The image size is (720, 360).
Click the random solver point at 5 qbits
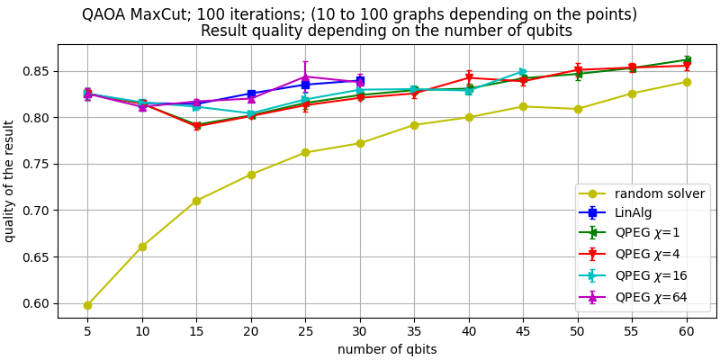pos(87,305)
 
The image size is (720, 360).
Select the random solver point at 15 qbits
pos(196,201)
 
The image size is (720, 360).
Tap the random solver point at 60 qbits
pos(687,82)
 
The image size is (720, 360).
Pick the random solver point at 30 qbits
pos(360,143)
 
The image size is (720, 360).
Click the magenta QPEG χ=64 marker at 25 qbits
pos(305,76)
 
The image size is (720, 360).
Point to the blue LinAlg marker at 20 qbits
pos(251,94)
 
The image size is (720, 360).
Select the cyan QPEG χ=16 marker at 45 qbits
pos(523,72)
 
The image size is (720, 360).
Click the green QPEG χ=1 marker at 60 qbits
pos(687,59)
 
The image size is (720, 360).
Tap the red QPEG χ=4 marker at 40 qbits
pos(469,77)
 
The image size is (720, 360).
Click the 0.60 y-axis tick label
pos(36,303)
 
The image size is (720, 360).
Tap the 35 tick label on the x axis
pos(414,331)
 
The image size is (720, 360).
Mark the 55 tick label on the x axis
pos(632,331)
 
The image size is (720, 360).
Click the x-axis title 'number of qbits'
pos(387,349)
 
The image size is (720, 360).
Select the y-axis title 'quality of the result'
pos(10,181)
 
